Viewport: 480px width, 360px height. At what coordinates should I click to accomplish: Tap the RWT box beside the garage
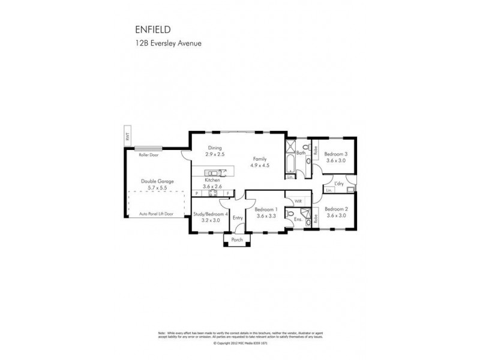click(x=127, y=136)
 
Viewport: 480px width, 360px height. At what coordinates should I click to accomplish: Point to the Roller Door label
click(x=148, y=154)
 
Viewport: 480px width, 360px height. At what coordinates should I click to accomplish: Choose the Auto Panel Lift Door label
click(x=156, y=213)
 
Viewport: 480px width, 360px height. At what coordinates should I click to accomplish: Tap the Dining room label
click(x=215, y=148)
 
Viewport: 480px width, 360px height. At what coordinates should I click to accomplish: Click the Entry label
click(x=238, y=218)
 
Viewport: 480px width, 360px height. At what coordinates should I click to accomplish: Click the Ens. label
click(x=298, y=220)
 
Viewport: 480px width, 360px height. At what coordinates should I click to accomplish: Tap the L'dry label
click(x=338, y=184)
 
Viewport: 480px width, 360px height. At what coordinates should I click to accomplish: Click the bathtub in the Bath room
click(x=291, y=159)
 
